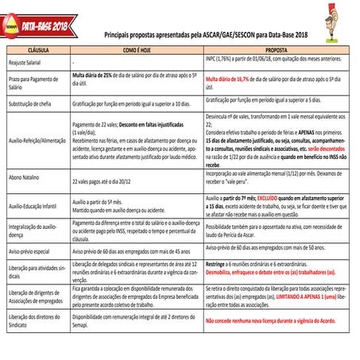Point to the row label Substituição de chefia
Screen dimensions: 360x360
(33, 103)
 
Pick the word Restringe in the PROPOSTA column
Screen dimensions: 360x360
(218, 262)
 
